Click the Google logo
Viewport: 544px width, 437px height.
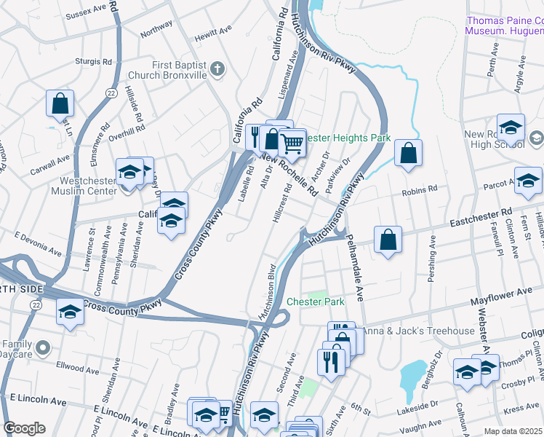click(24, 428)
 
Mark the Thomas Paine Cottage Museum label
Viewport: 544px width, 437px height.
click(504, 26)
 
